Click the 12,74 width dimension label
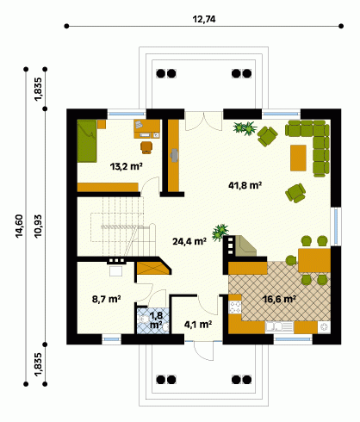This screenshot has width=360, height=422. point(204,20)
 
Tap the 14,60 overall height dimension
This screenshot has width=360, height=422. point(20,226)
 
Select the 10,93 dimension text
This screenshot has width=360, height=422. point(38,226)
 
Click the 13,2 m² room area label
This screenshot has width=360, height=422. point(127,166)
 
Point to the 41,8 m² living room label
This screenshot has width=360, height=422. point(245,185)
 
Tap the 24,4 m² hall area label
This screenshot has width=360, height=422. point(189,241)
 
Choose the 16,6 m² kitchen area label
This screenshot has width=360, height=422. point(279,299)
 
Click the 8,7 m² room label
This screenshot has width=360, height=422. point(106,299)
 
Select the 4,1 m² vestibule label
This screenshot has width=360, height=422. point(198,325)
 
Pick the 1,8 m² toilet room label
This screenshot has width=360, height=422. point(156,320)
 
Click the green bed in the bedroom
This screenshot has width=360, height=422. point(87,141)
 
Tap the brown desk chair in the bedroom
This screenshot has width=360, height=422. point(146,147)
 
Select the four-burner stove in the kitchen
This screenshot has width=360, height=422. point(235,307)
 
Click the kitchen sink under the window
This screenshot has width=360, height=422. point(279,327)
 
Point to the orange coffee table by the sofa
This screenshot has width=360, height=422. point(298,158)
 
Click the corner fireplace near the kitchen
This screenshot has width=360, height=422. point(245,246)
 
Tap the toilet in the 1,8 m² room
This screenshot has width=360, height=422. point(143,319)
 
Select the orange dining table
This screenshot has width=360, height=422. point(314,260)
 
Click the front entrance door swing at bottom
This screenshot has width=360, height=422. point(203,351)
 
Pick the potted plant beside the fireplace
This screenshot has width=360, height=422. point(220,232)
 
